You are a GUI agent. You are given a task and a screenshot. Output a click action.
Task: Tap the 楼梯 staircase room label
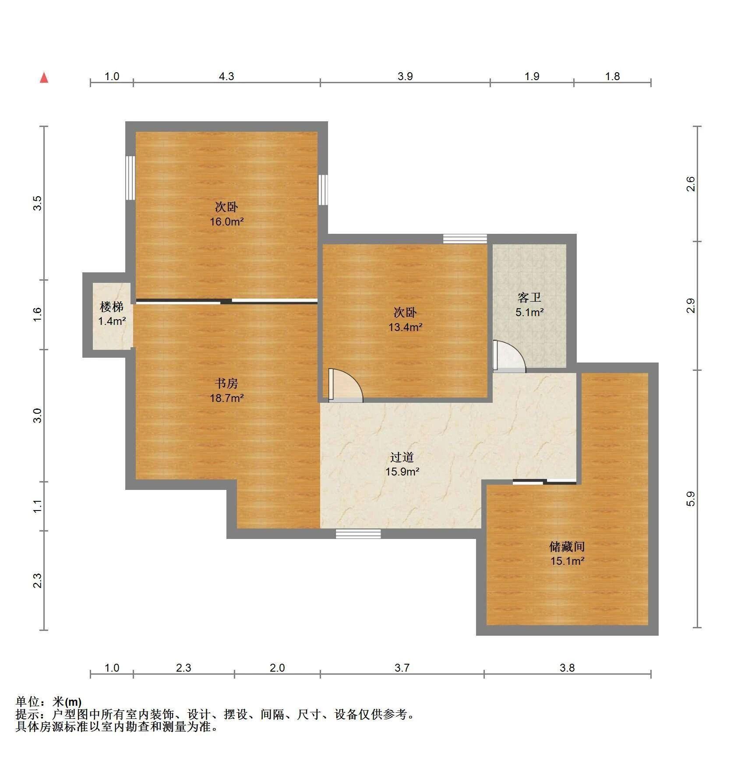coord(112,306)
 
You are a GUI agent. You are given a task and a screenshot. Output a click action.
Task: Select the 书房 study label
coord(226,384)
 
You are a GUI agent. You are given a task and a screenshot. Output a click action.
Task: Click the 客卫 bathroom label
coord(529,298)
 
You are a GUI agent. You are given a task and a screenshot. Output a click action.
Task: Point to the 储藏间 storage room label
coord(567,546)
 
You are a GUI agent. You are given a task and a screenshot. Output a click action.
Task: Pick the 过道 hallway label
coord(402,457)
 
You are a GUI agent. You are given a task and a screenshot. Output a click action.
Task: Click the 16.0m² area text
coord(226,222)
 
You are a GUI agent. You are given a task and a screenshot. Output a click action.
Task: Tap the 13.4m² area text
coord(405,327)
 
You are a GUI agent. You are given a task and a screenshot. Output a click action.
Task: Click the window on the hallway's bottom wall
coord(358,534)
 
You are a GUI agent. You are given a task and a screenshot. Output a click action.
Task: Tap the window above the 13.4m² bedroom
coord(465,239)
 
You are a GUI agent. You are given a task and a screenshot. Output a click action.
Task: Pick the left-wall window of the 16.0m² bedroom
coord(130,178)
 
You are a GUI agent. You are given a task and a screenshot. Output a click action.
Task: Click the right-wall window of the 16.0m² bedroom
coord(323,190)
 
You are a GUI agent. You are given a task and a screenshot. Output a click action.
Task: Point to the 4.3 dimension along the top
coord(226,77)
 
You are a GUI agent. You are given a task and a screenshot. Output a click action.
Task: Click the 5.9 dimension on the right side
coord(691,499)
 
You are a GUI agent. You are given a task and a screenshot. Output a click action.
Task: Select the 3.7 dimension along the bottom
coord(402,668)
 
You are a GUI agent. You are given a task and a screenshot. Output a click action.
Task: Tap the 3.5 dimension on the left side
coord(38,203)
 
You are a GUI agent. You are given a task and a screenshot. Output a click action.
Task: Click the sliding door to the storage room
coord(544,482)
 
